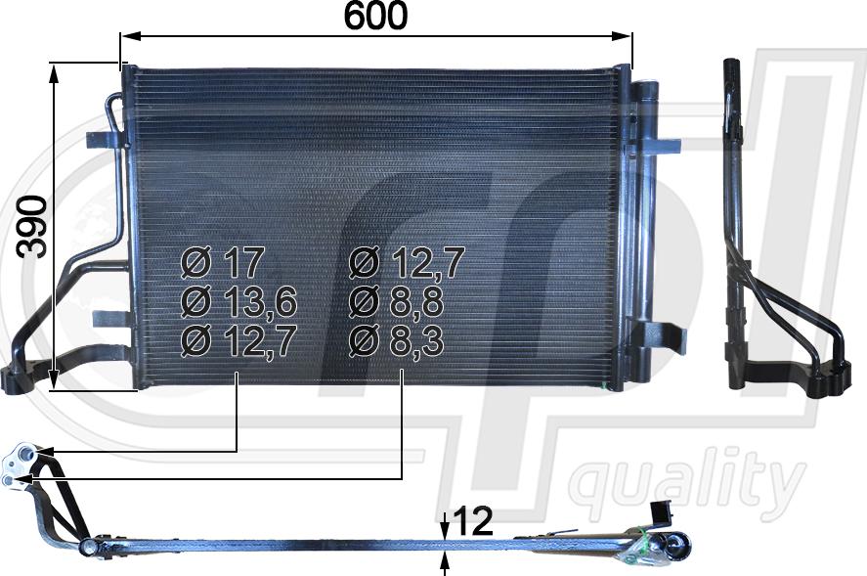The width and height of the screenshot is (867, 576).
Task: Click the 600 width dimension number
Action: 375,16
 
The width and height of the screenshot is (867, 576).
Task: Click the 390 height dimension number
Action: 31,226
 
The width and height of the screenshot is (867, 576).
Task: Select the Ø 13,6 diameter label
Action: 238,301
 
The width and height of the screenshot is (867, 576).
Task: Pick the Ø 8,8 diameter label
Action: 397,301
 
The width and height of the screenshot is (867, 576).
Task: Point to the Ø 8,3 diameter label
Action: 397,340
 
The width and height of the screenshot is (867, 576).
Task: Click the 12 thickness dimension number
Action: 473,521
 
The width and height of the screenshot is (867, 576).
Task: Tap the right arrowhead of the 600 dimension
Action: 623,36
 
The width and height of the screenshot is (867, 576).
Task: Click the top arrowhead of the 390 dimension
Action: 54,73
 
